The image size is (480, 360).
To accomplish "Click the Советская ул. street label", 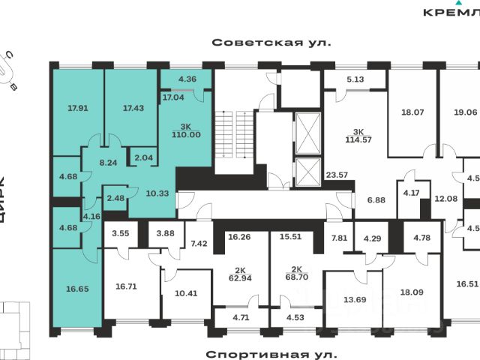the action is click(x=271, y=43).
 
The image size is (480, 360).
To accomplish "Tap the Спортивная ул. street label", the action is click(x=271, y=352).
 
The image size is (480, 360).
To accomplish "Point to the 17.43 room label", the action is click(x=133, y=108).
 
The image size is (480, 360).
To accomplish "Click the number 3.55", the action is click(x=120, y=233).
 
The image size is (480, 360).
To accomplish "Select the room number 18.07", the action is click(x=412, y=112).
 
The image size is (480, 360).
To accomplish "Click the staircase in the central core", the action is click(x=234, y=135).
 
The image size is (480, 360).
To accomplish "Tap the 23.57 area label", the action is click(x=337, y=175).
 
